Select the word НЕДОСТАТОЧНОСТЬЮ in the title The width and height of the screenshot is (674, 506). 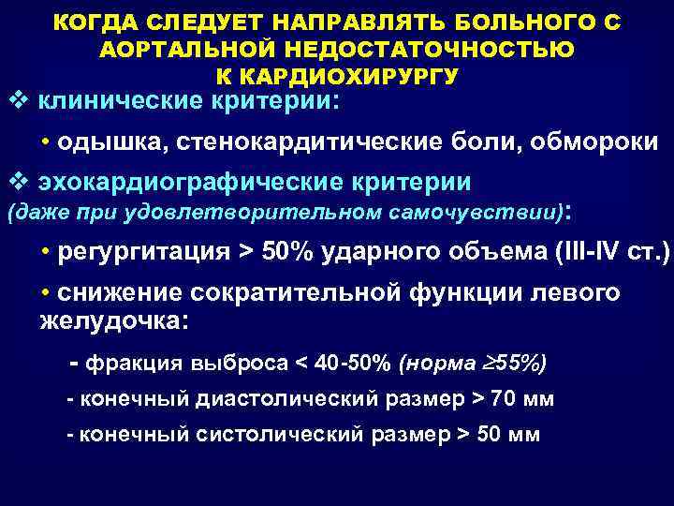[438, 47]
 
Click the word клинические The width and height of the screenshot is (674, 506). [124, 100]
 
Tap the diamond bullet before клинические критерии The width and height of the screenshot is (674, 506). [16, 100]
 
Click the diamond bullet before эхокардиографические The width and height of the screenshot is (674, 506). [16, 180]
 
